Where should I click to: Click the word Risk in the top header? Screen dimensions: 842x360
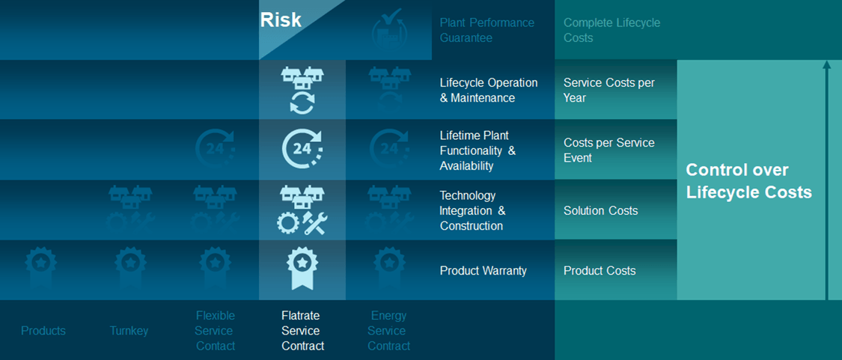click(281, 20)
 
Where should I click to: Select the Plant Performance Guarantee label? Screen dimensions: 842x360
click(487, 30)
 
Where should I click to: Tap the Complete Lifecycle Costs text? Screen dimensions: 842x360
click(611, 30)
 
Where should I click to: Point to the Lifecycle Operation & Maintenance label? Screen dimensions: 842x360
click(488, 91)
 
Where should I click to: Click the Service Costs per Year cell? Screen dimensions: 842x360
click(609, 91)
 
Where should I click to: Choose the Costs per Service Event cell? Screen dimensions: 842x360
click(608, 150)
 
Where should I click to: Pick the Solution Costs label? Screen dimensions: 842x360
click(600, 210)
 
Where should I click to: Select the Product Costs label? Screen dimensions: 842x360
click(600, 271)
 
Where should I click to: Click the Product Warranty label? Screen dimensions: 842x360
click(483, 271)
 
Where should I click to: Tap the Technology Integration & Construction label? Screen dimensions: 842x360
click(472, 210)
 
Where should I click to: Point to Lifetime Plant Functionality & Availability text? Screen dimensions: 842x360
click(478, 150)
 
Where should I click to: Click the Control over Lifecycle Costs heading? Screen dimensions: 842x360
click(748, 180)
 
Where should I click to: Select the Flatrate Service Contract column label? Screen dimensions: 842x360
click(303, 331)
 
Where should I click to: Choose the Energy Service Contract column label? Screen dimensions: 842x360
click(388, 331)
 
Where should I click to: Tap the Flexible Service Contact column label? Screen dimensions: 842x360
click(216, 331)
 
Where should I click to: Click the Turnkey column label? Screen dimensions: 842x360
click(129, 331)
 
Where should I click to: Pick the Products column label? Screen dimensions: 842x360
click(43, 331)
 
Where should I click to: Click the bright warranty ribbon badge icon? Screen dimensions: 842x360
click(302, 269)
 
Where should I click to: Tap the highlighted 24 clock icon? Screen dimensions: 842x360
click(302, 150)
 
